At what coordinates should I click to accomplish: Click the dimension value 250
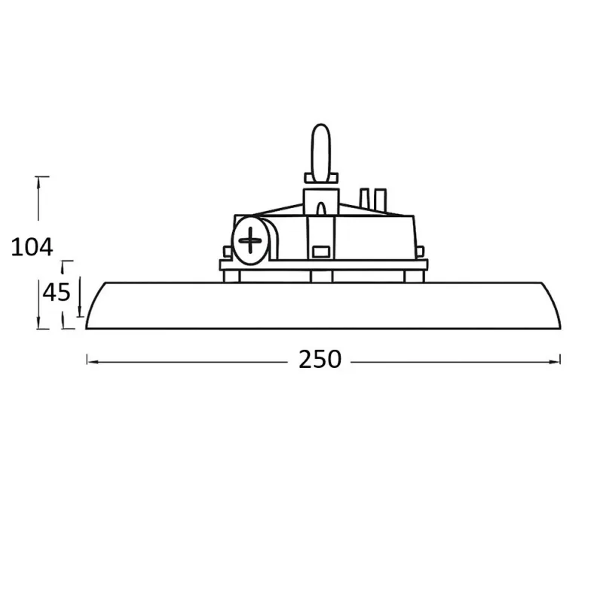point(320,360)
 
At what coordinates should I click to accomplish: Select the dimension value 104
point(32,246)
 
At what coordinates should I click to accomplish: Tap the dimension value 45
point(56,292)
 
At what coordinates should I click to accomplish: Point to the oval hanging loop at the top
point(322,152)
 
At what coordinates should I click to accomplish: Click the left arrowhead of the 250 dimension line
point(90,361)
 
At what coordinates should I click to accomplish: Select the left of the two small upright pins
point(366,198)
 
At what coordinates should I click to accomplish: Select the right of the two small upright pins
point(381,198)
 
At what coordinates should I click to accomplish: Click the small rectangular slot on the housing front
point(321,251)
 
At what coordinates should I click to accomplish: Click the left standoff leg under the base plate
point(232,276)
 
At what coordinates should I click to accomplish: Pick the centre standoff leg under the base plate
point(321,276)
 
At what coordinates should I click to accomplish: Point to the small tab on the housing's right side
point(421,252)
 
